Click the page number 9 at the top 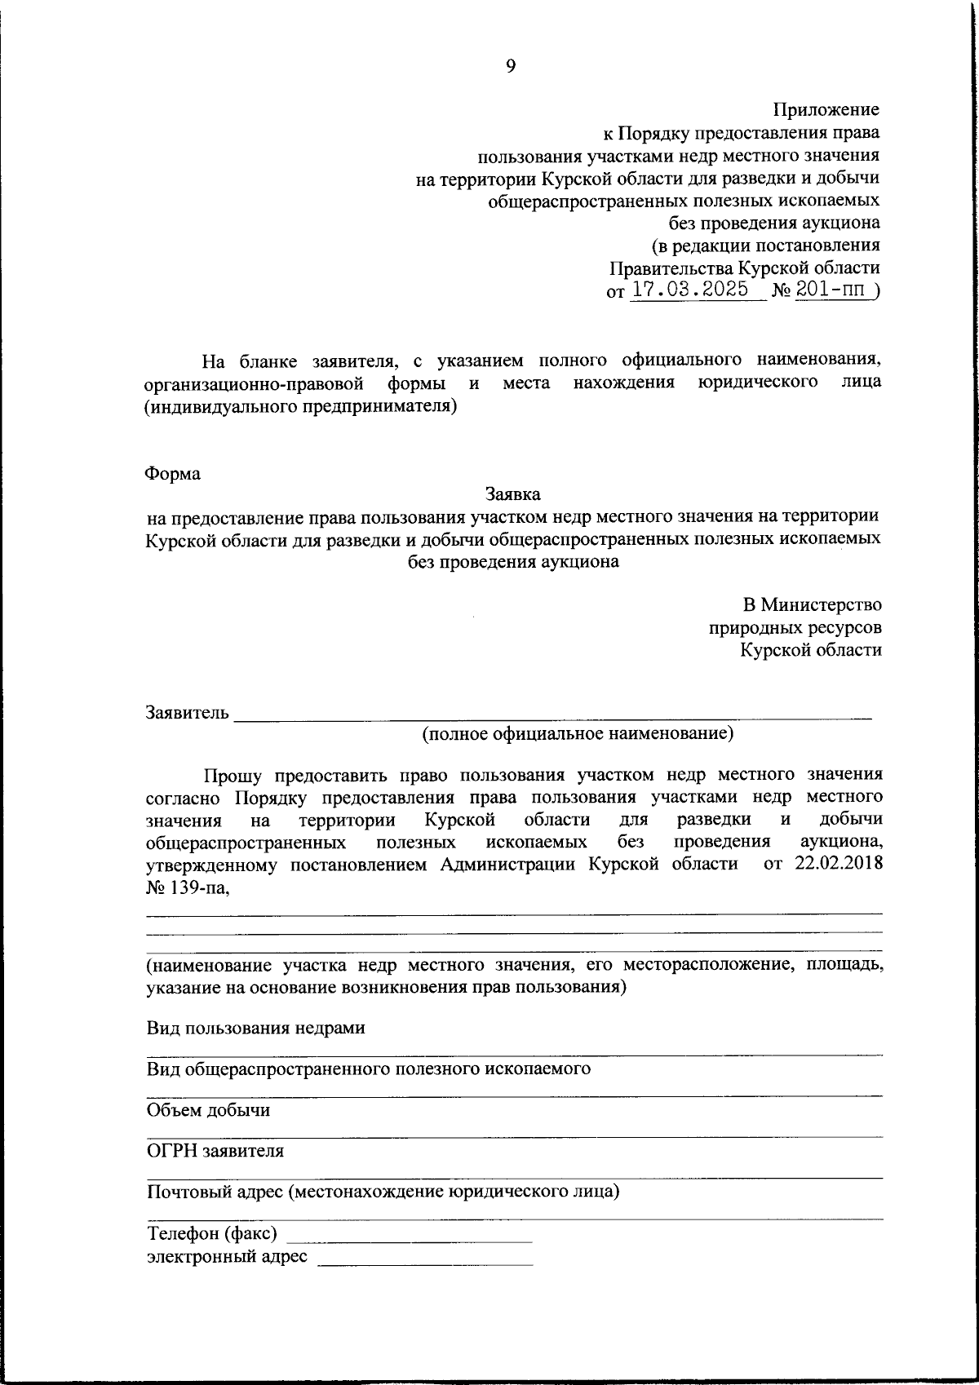[511, 67]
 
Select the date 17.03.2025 [690, 290]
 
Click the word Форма [173, 474]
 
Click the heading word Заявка [512, 494]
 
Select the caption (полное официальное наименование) [578, 734]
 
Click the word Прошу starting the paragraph [233, 773]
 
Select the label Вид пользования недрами [255, 1028]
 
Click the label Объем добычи [208, 1110]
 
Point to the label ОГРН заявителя [215, 1151]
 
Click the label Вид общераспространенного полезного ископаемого [369, 1069]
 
